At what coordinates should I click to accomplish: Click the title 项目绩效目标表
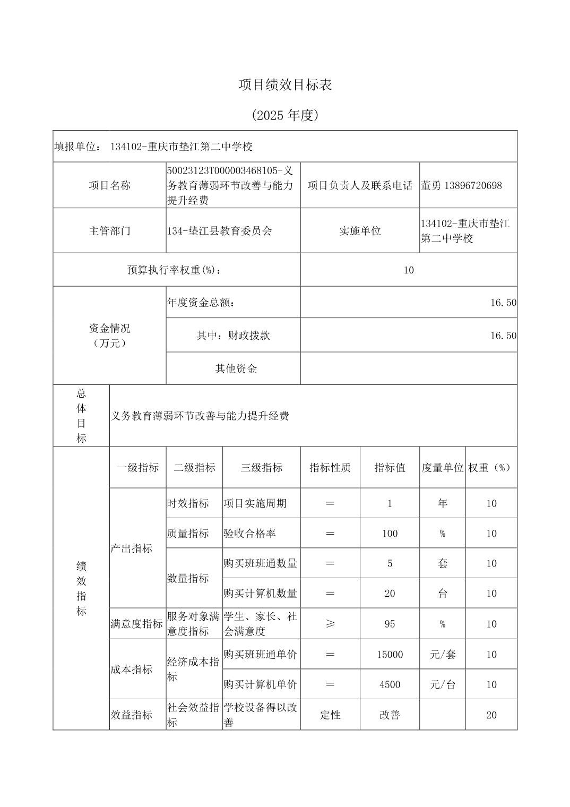[x=285, y=85]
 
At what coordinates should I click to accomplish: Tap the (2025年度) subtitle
[x=285, y=115]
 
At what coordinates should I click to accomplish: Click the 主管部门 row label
[x=109, y=231]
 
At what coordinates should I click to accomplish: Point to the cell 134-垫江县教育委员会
[x=219, y=231]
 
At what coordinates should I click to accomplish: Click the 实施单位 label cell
[x=360, y=231]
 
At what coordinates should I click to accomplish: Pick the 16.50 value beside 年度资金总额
[x=503, y=303]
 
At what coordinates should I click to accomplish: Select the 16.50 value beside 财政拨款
[x=503, y=336]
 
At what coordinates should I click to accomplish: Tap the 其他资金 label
[x=236, y=368]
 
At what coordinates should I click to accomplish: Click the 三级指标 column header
[x=261, y=468]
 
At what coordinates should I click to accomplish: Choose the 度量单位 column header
[x=443, y=468]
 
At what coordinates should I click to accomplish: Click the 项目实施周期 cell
[x=255, y=503]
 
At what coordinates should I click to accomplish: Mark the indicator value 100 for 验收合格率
[x=390, y=534]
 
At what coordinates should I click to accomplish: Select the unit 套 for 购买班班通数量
[x=443, y=563]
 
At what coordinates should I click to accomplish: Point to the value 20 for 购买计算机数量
[x=390, y=594]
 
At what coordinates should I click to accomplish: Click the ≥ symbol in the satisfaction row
[x=330, y=624]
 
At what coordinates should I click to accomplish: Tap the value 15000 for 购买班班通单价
[x=390, y=655]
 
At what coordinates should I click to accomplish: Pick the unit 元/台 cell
[x=443, y=685]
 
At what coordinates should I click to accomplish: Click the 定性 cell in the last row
[x=330, y=715]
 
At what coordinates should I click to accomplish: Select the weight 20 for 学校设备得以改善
[x=491, y=715]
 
